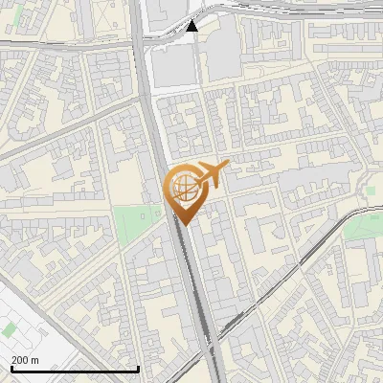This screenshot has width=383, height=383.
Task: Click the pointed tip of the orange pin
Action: pyautogui.click(x=185, y=225)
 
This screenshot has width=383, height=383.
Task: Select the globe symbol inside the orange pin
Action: pyautogui.click(x=184, y=188)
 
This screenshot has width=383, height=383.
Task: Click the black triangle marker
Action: pyautogui.click(x=192, y=26)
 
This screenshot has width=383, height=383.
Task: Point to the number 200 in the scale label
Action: pyautogui.click(x=20, y=360)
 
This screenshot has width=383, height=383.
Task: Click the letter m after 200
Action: pyautogui.click(x=34, y=360)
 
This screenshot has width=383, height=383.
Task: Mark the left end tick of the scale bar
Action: pyautogui.click(x=10, y=369)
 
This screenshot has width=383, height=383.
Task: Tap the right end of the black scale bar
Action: pyautogui.click(x=139, y=369)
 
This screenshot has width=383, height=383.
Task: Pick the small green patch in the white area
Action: pyautogui.click(x=9, y=329)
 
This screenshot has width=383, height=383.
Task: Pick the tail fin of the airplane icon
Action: pyautogui.click(x=225, y=166)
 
